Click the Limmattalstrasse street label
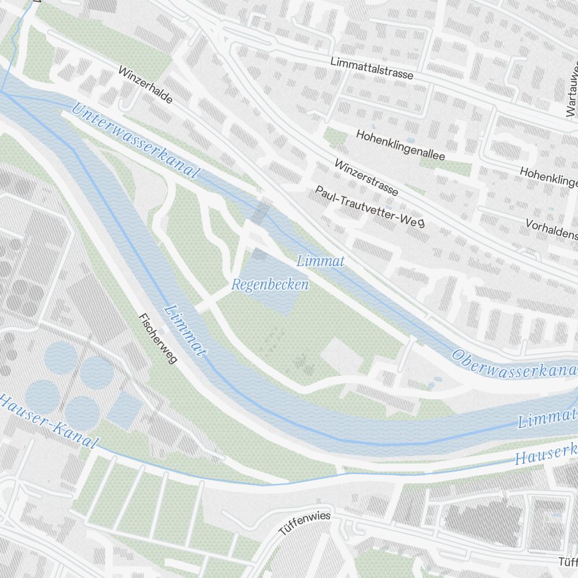coord(372,68)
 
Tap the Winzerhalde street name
coord(145,85)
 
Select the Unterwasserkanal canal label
coord(135,140)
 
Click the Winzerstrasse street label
coord(366,177)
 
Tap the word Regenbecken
coord(270,285)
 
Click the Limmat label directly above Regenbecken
coord(320,261)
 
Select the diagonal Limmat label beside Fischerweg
coord(186,330)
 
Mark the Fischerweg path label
coord(157,338)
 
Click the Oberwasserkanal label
coord(514,364)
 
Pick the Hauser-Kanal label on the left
coord(47,420)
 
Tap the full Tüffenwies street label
coord(305,523)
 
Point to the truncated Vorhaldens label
coord(551,229)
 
